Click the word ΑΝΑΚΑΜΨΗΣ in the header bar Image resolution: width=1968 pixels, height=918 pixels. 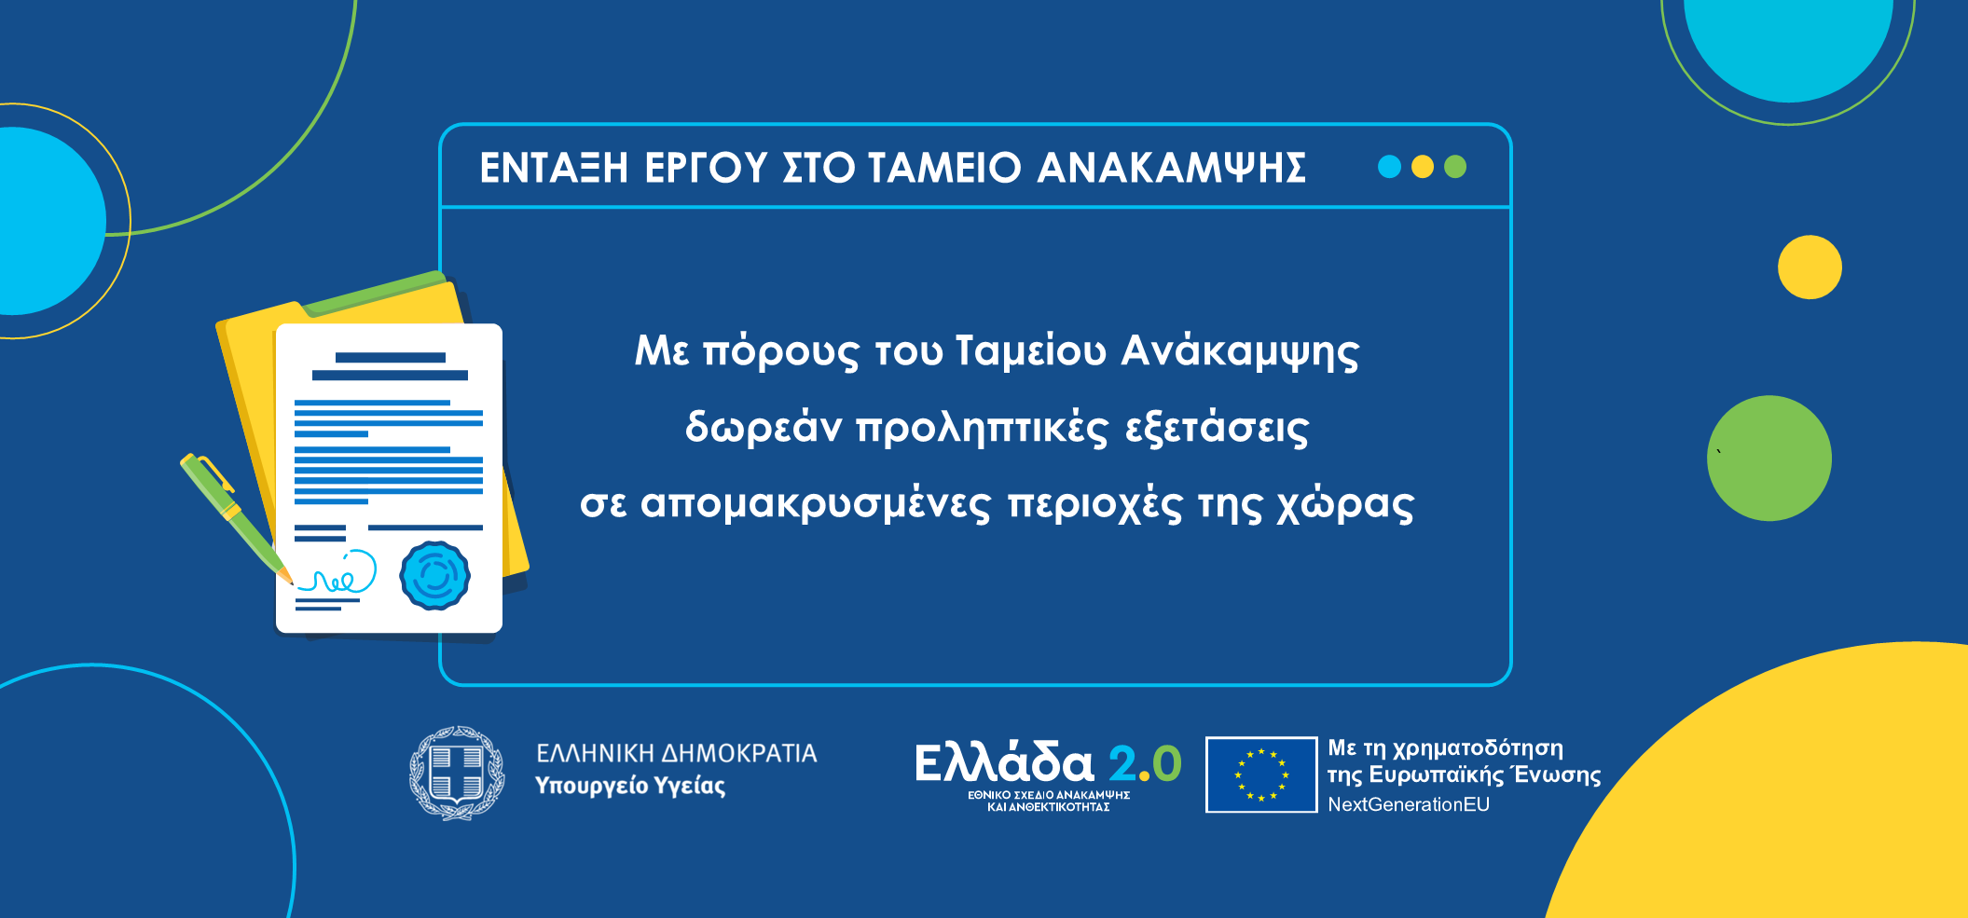click(1171, 168)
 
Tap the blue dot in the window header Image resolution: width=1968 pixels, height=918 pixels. click(1389, 167)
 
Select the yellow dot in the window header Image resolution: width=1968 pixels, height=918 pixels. click(1423, 167)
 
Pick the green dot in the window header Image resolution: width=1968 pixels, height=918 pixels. click(1455, 167)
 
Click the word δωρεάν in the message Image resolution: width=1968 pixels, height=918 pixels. click(764, 428)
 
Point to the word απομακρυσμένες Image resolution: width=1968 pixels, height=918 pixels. click(816, 505)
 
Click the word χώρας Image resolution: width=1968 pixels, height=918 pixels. click(1345, 505)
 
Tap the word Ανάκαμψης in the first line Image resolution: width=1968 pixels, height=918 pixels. click(1240, 352)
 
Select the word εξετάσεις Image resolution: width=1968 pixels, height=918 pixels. click(1218, 429)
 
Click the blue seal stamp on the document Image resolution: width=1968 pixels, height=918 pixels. click(434, 576)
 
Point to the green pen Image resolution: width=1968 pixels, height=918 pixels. click(236, 517)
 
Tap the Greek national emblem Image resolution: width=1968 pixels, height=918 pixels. click(457, 774)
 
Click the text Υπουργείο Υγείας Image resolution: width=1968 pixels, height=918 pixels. click(630, 787)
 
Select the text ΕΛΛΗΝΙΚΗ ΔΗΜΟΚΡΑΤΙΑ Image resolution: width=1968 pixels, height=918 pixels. click(677, 753)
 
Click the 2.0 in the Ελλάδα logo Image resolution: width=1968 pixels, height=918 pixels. click(1145, 764)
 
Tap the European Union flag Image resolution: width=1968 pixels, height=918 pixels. click(1261, 774)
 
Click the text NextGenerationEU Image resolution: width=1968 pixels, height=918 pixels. click(1409, 804)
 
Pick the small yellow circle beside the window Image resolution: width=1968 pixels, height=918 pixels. click(1810, 267)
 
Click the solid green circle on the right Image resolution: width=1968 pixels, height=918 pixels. click(1769, 459)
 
